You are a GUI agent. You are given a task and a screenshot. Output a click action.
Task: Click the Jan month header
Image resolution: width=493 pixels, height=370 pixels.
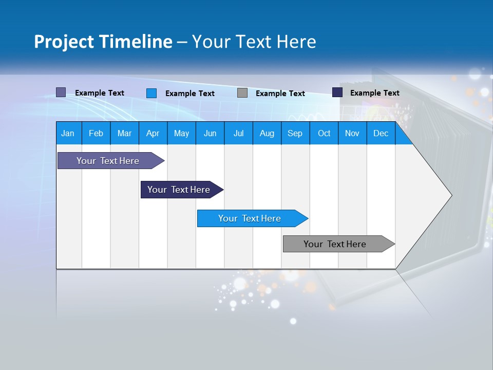(x=68, y=133)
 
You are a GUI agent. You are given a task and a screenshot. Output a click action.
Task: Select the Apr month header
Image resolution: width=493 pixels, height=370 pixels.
(x=153, y=133)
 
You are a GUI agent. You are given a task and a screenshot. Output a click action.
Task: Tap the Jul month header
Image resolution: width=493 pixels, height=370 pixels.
(x=238, y=133)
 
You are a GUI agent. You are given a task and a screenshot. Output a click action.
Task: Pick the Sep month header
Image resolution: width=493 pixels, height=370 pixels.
(x=295, y=133)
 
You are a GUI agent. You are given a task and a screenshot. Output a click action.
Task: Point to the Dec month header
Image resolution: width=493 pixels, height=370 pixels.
(x=381, y=133)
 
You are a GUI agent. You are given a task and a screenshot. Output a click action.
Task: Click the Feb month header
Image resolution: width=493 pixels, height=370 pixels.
(x=96, y=133)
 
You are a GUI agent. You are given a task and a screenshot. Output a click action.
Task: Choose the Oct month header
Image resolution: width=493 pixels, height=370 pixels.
(x=324, y=133)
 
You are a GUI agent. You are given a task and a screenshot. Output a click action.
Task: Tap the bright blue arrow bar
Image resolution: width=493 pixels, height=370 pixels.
(x=250, y=218)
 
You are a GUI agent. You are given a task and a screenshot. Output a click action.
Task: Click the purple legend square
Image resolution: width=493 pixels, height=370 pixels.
(x=61, y=92)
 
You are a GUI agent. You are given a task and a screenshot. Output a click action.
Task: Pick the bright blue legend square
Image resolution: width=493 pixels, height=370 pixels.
(x=151, y=93)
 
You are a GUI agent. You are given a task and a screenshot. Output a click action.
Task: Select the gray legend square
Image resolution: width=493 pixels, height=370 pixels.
(x=242, y=93)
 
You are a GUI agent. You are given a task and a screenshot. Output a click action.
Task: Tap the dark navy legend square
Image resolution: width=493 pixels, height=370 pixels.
(x=337, y=92)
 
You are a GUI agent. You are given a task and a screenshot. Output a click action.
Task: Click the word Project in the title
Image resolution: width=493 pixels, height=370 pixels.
(x=65, y=42)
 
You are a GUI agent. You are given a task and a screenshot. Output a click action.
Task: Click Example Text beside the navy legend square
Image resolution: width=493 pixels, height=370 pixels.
(x=374, y=93)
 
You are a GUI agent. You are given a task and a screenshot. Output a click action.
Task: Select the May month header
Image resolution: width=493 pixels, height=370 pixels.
(x=181, y=133)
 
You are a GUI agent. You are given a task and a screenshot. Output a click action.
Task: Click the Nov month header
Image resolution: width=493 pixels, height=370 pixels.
(x=352, y=133)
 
